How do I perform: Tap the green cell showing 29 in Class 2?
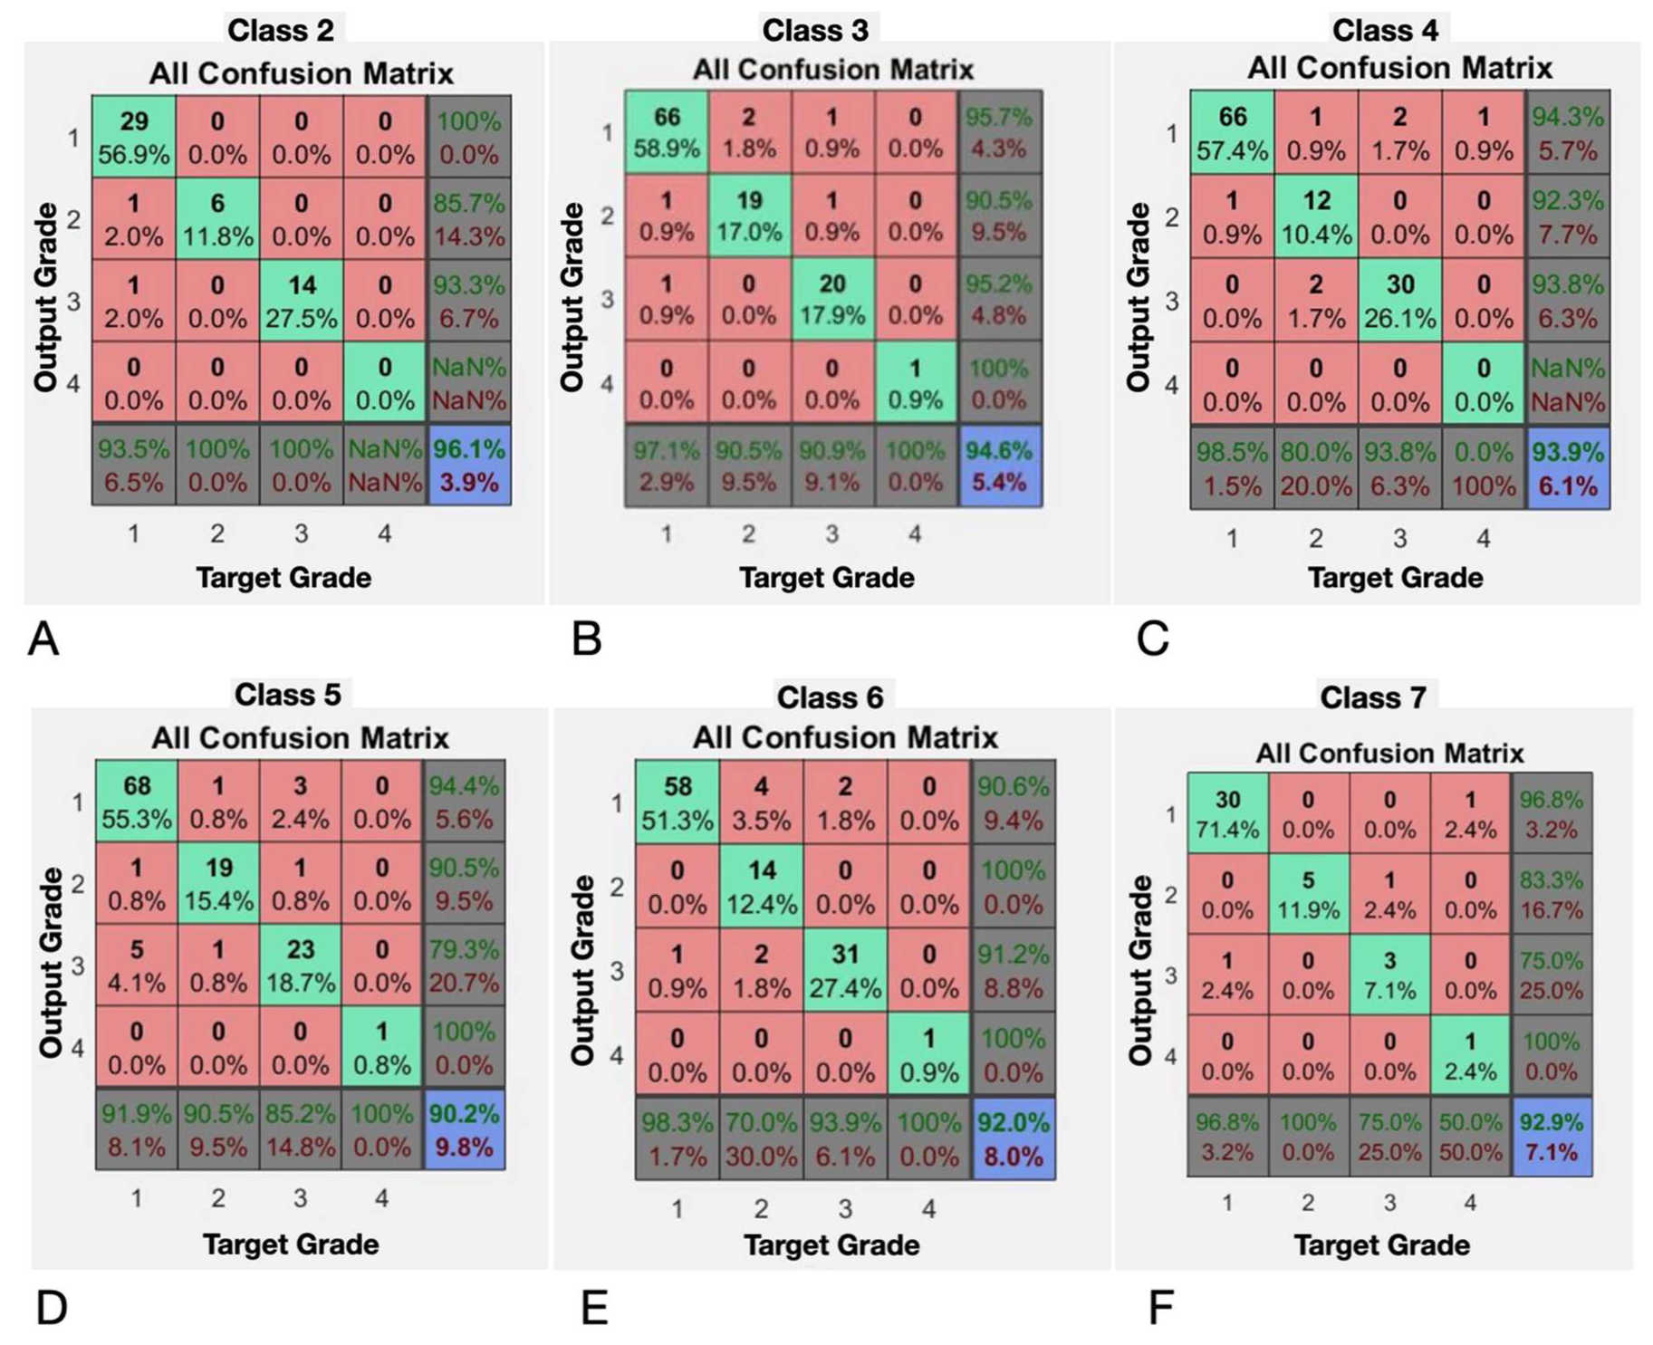pos(133,137)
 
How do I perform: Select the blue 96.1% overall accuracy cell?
pos(469,466)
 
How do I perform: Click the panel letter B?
pos(586,639)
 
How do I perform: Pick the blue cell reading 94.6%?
pos(999,466)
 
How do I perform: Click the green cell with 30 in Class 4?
pos(1399,300)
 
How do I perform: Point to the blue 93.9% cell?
pos(1567,468)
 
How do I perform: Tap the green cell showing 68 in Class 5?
pos(137,802)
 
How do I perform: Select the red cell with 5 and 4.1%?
pos(137,965)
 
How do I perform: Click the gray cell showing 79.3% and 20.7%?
pos(464,965)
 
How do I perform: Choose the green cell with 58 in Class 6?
pos(678,802)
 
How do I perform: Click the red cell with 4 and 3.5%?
pos(761,802)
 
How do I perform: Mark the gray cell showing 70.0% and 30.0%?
pos(761,1138)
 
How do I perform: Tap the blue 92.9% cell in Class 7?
pos(1551,1137)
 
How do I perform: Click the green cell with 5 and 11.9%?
pos(1307,894)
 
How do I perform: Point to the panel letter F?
pos(1160,1308)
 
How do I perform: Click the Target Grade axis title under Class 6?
pos(831,1244)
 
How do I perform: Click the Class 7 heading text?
pos(1372,697)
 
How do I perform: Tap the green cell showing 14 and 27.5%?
pos(301,301)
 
